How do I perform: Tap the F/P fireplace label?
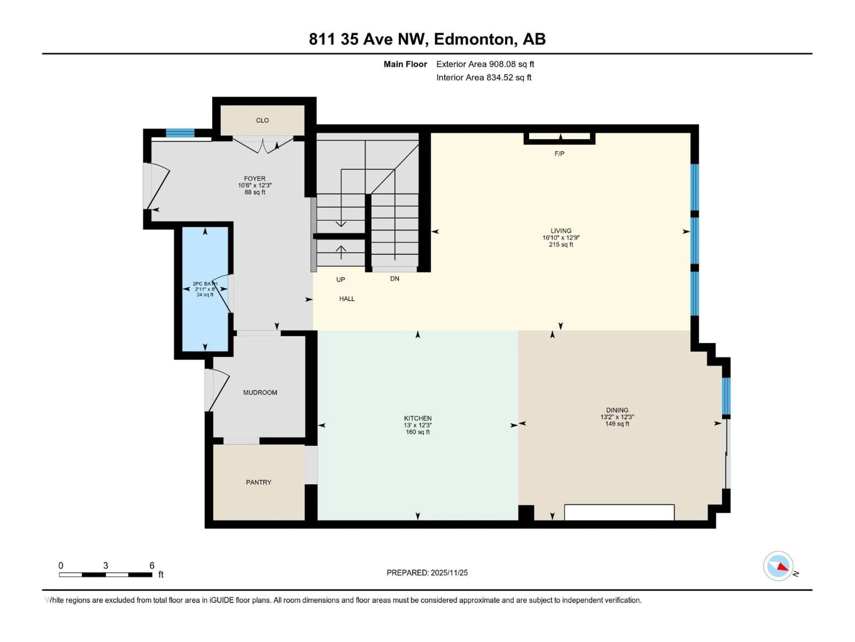pyautogui.click(x=559, y=154)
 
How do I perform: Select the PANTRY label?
pyautogui.click(x=259, y=482)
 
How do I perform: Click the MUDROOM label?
pyautogui.click(x=260, y=392)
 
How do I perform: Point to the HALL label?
pyautogui.click(x=347, y=299)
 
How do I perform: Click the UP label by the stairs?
pyautogui.click(x=340, y=279)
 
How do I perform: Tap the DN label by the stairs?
pyautogui.click(x=394, y=279)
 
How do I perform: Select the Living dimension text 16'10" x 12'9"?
pyautogui.click(x=561, y=238)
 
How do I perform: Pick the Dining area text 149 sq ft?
pyautogui.click(x=617, y=424)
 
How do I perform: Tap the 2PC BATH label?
pyautogui.click(x=205, y=284)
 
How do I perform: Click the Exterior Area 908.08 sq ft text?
pyautogui.click(x=485, y=64)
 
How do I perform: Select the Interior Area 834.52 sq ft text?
pyautogui.click(x=484, y=77)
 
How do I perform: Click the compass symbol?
pyautogui.click(x=778, y=566)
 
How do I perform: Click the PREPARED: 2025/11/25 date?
pyautogui.click(x=427, y=573)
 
